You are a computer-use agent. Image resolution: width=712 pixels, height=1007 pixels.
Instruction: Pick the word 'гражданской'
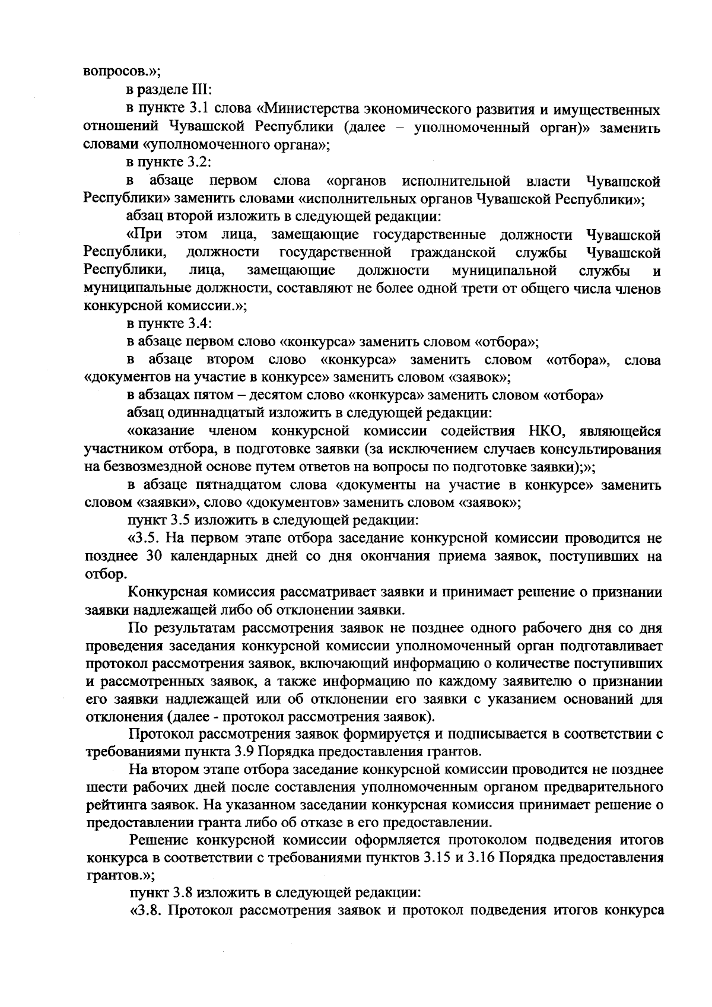[454, 253]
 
